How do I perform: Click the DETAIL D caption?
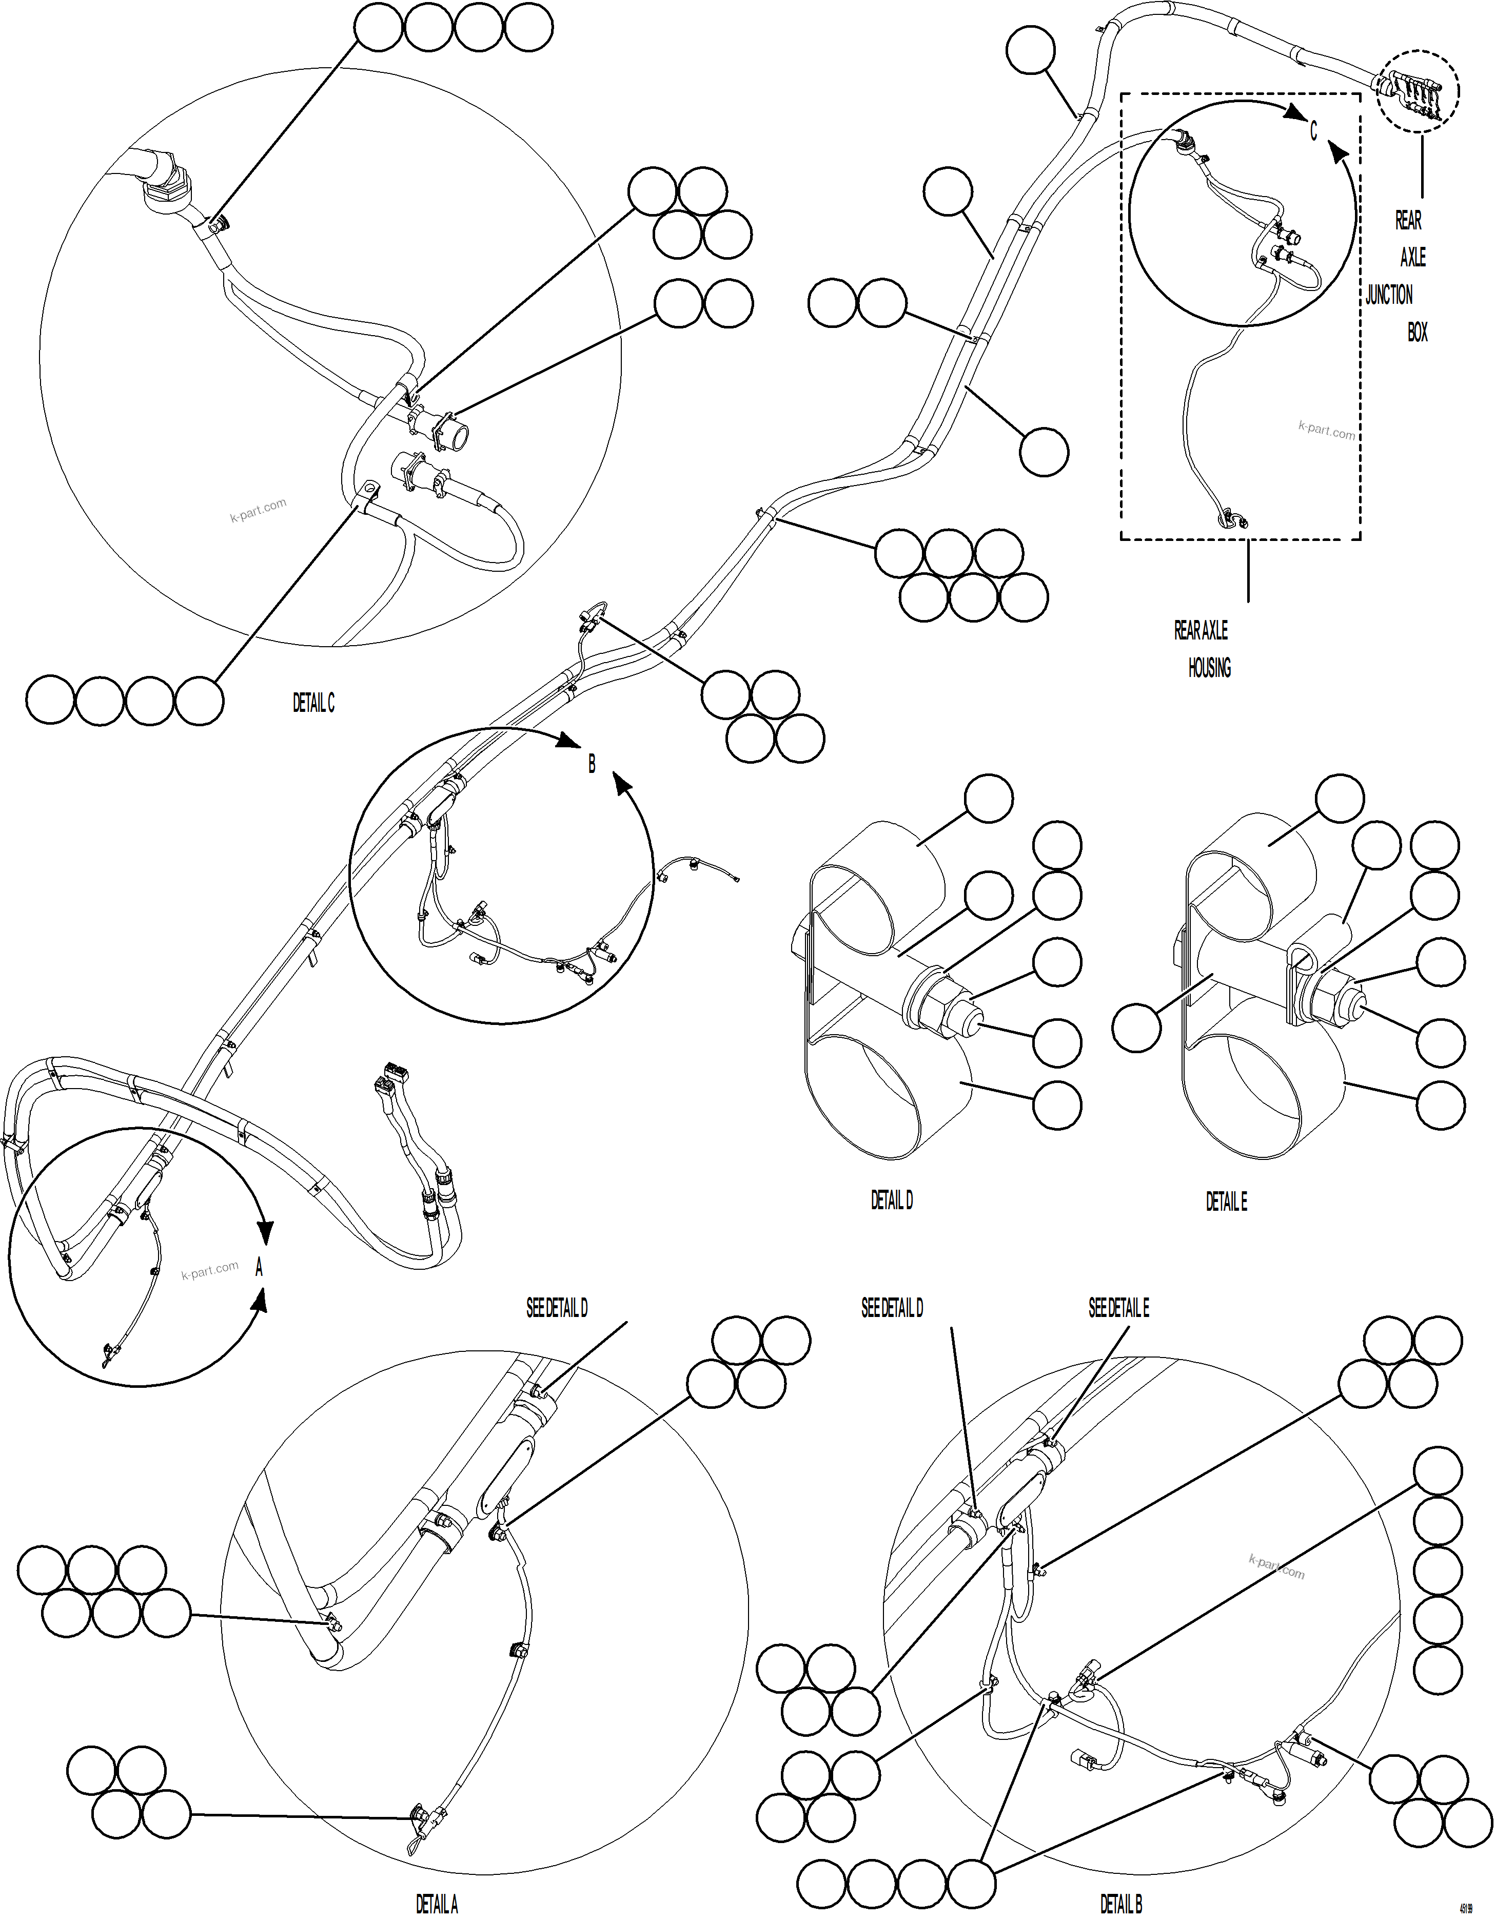(891, 1200)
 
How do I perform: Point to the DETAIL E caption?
(1226, 1202)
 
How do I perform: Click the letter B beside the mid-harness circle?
(592, 765)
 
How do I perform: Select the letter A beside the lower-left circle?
(259, 1268)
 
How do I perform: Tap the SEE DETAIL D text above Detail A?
(557, 1309)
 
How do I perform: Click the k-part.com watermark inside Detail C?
(258, 510)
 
